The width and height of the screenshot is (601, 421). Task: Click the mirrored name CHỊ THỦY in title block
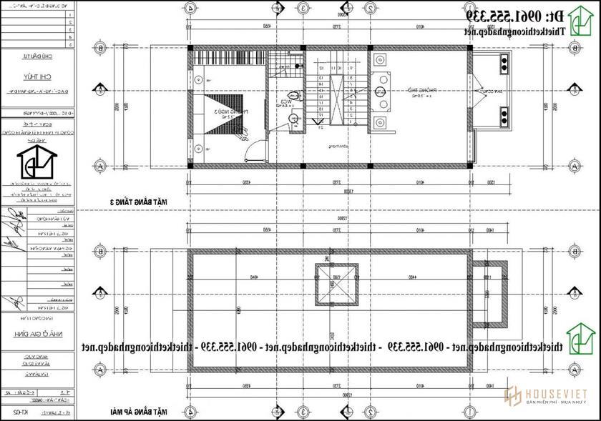tap(38, 79)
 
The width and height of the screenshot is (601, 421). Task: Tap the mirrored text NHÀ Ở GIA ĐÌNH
tap(38, 333)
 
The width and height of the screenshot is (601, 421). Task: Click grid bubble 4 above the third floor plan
tap(191, 8)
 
